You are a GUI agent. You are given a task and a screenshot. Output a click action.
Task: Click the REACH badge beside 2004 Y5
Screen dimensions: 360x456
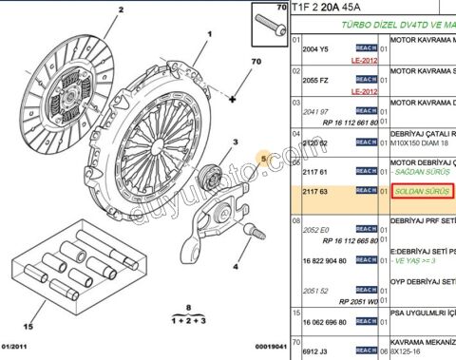(367, 49)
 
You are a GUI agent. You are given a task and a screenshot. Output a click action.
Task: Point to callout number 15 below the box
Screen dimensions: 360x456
(28, 327)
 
